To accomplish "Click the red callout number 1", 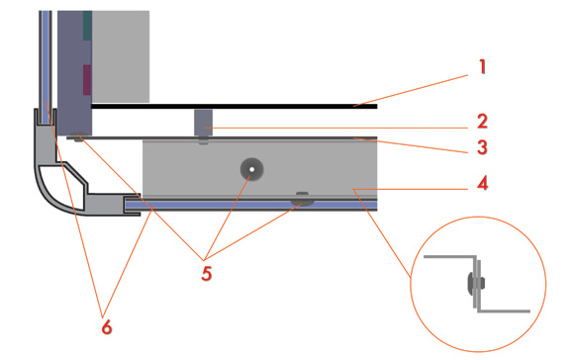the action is [x=483, y=67].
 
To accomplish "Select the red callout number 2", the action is [x=483, y=122].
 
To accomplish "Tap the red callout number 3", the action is [x=483, y=147].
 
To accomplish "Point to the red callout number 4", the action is [x=483, y=183].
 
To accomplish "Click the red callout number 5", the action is [x=207, y=273].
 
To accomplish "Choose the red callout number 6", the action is [x=107, y=326].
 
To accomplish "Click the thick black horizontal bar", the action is [x=235, y=107].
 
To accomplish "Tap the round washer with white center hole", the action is [x=251, y=169].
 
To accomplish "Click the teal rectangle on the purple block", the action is [x=87, y=26].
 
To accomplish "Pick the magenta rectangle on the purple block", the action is [x=87, y=80].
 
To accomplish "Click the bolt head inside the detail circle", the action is [x=476, y=283].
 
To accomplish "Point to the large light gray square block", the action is [x=121, y=56].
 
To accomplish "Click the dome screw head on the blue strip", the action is [x=303, y=201].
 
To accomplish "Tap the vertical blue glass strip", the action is [x=46, y=67].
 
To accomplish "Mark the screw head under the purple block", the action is [x=79, y=136].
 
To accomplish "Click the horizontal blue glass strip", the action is [x=251, y=205].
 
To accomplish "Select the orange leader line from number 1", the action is [x=411, y=91].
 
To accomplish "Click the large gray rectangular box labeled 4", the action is [x=260, y=169].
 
